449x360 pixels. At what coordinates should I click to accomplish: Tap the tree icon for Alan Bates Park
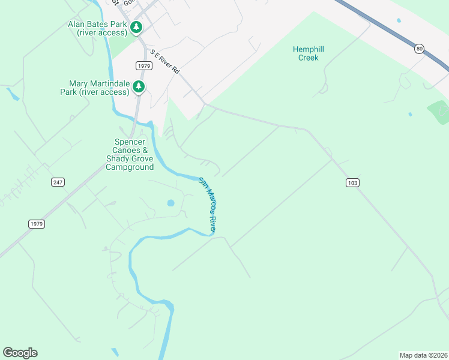137,27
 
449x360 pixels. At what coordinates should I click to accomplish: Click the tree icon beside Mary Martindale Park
139,88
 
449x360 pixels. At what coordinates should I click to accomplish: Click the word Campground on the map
129,167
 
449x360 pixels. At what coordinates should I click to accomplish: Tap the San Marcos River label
207,205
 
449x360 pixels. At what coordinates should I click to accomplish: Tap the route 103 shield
352,182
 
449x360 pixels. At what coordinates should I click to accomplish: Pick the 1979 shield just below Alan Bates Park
143,65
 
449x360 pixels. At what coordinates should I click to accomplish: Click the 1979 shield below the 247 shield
36,224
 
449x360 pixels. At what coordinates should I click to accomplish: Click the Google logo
20,353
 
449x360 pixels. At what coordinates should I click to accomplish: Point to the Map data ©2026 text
423,355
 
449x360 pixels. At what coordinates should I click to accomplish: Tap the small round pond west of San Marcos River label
170,203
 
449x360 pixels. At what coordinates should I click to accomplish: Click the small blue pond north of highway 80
399,20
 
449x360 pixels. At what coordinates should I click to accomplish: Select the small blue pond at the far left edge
12,94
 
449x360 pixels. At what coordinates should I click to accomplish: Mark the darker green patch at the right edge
439,113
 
